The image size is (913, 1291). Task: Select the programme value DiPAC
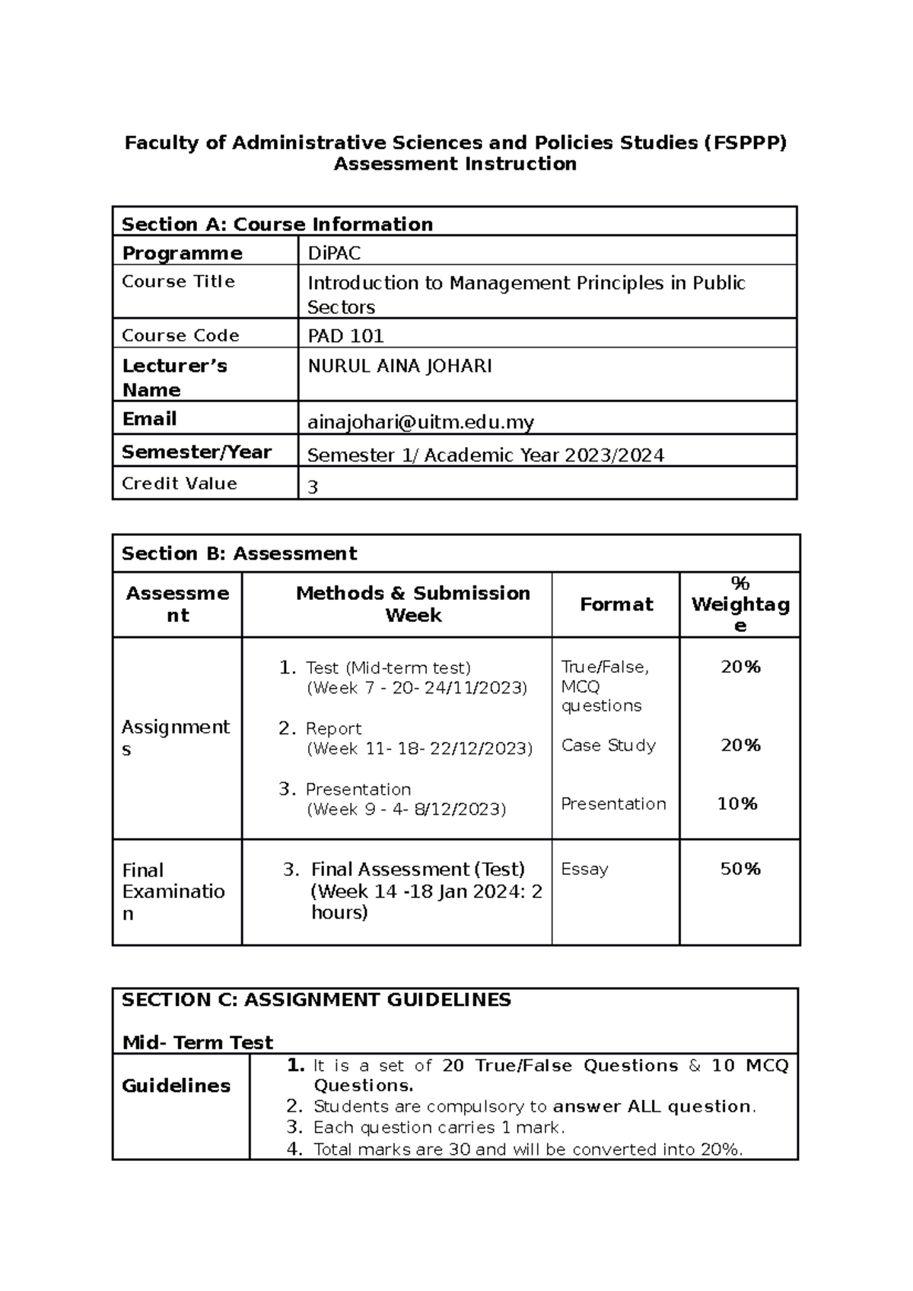(334, 253)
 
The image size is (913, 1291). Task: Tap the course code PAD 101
(345, 335)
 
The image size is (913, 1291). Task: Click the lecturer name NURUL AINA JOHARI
(399, 366)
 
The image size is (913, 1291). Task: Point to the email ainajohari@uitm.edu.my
(420, 422)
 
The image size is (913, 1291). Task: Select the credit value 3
(313, 487)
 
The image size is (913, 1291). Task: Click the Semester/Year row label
(196, 452)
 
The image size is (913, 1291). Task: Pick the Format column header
(616, 604)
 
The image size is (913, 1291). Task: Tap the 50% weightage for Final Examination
(740, 869)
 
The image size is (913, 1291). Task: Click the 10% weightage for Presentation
(737, 804)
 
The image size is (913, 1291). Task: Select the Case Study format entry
(608, 745)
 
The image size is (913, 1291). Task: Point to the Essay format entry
(584, 869)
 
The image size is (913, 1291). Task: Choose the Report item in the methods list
(333, 728)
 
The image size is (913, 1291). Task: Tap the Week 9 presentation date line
(406, 809)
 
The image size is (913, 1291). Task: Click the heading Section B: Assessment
(239, 554)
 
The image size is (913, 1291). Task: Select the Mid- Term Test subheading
(197, 1042)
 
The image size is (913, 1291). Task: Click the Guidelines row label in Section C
(176, 1086)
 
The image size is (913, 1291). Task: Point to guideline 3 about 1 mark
(438, 1128)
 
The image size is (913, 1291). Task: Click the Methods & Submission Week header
(412, 604)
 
